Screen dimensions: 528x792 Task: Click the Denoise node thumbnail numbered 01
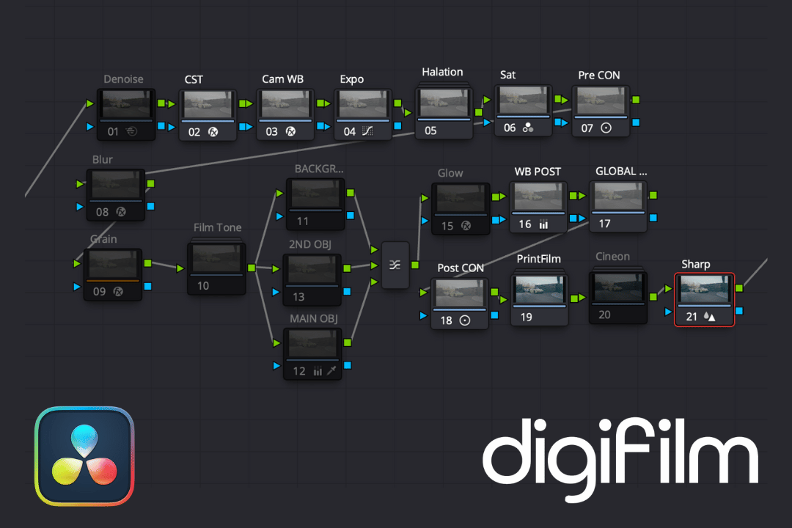pyautogui.click(x=127, y=104)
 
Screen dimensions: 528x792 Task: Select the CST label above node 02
pyautogui.click(x=194, y=79)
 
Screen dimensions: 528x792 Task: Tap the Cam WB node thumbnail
pyautogui.click(x=285, y=105)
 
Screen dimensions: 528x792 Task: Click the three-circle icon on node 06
pyautogui.click(x=528, y=128)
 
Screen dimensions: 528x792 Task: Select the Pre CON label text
pyautogui.click(x=599, y=76)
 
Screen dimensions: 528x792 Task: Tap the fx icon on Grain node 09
pyautogui.click(x=117, y=291)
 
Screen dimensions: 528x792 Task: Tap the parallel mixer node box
pyautogui.click(x=395, y=265)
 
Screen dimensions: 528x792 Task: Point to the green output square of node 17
pyautogui.click(x=653, y=195)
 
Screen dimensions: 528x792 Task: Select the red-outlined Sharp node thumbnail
pyautogui.click(x=704, y=289)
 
